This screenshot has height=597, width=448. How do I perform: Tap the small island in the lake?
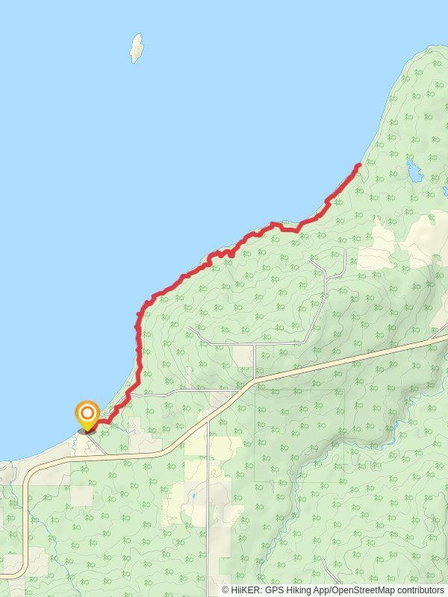click(136, 48)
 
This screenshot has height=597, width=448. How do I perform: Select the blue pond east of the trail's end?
click(414, 172)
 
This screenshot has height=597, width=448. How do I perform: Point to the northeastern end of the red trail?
click(360, 164)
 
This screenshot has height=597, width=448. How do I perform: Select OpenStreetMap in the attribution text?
click(361, 590)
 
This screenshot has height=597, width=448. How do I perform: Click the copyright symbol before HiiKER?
click(225, 590)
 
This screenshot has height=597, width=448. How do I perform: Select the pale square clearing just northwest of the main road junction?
click(242, 356)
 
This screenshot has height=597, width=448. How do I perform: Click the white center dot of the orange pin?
click(87, 412)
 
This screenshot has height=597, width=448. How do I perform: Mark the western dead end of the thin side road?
click(190, 328)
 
